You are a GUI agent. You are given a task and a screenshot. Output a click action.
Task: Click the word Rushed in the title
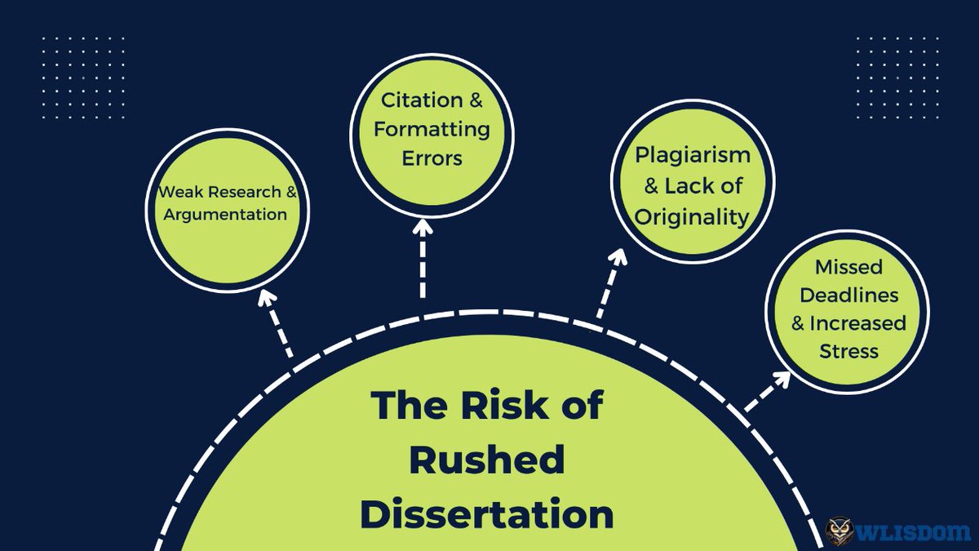[487, 460]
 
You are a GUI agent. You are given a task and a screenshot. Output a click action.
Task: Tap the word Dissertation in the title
[487, 515]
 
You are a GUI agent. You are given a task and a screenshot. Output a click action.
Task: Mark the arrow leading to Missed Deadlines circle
[768, 391]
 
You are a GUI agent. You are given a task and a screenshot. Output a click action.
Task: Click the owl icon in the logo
[841, 532]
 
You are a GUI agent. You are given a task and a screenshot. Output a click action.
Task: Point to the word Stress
[848, 352]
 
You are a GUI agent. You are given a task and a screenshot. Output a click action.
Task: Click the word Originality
[692, 216]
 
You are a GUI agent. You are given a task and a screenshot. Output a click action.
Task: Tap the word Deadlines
[849, 295]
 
